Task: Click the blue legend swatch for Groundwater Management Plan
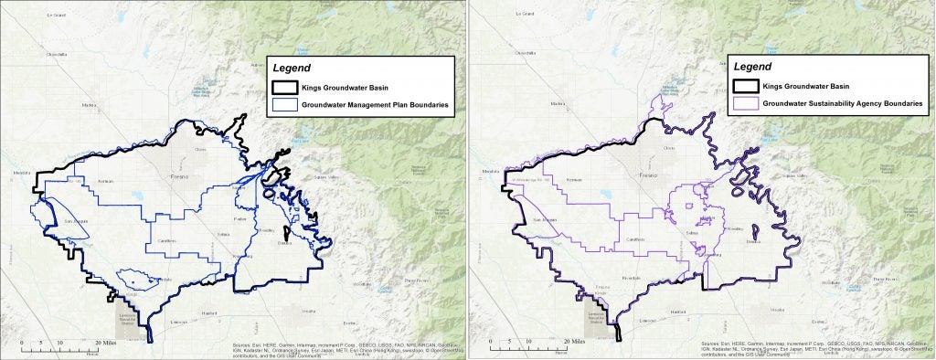[284, 107]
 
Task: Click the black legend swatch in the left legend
[284, 89]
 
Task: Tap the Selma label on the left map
[220, 236]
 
